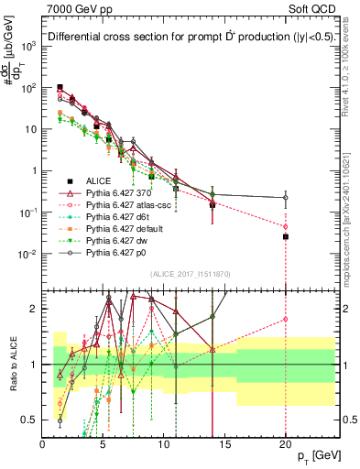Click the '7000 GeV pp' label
coord(76,10)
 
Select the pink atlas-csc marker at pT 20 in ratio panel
coord(286,320)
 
